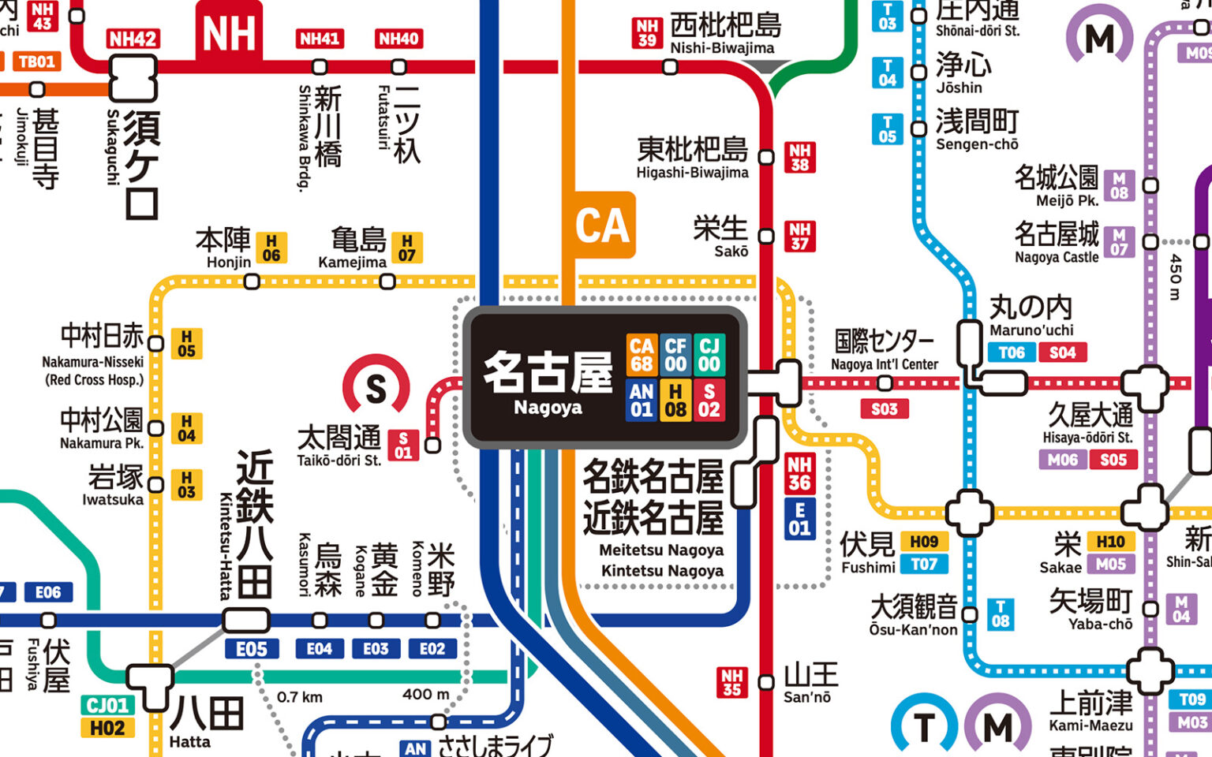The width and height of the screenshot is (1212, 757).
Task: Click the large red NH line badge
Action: (229, 33)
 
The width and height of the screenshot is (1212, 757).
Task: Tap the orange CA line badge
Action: (603, 225)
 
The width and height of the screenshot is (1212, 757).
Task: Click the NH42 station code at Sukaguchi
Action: (133, 39)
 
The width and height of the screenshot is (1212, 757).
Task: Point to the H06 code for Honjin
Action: (271, 248)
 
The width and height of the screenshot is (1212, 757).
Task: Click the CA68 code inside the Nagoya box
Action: (642, 355)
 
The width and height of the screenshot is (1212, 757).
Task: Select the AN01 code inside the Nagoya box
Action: (642, 400)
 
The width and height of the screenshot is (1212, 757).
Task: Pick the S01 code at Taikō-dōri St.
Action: (403, 445)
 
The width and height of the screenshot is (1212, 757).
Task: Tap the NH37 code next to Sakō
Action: (799, 236)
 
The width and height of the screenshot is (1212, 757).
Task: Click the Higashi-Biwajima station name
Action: (692, 158)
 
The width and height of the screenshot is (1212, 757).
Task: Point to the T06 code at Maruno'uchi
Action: (1012, 352)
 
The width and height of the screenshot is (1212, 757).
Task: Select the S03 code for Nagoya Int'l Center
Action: (884, 408)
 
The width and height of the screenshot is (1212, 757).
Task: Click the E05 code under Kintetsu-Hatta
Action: (251, 649)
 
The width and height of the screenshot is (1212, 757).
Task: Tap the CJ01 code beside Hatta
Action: (107, 705)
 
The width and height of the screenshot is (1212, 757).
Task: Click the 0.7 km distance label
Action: (300, 697)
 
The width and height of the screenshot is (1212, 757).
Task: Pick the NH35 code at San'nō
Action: (731, 683)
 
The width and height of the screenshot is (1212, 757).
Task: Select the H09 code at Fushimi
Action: (924, 542)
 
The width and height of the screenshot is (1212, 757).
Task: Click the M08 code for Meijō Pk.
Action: (1119, 185)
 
